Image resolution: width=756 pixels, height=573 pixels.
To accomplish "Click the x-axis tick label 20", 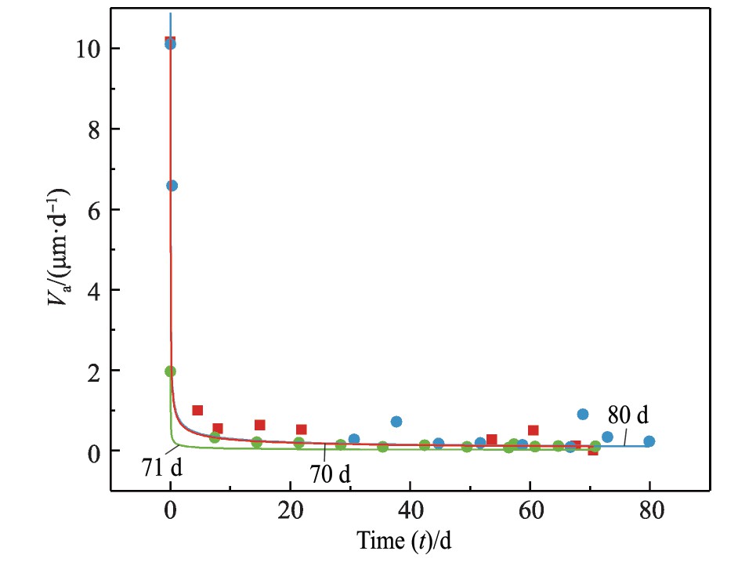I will coord(290,512).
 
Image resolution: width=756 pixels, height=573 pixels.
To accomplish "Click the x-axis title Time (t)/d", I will coord(404,541).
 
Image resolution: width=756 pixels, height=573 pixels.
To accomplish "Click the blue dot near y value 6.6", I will coord(172,186).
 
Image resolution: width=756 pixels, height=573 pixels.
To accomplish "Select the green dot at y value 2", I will coord(171,372).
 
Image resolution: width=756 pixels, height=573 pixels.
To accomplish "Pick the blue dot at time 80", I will coord(649,441).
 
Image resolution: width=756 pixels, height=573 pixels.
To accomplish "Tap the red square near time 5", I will coord(197,411).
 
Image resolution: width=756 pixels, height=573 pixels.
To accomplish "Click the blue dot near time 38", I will coord(396,422).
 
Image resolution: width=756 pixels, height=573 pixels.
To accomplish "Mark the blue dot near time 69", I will coord(583,414).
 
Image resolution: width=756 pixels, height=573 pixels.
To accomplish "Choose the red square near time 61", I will coord(534,430).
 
